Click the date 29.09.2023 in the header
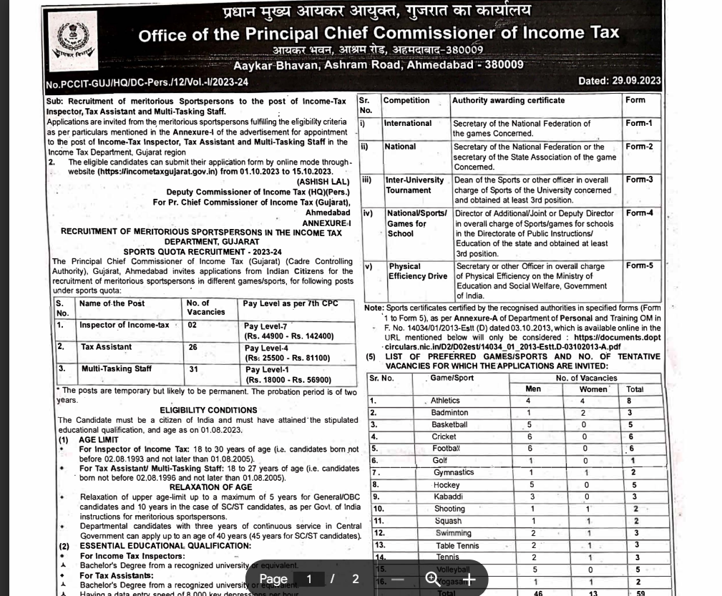pos(637,81)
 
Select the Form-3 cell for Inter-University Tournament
pos(639,180)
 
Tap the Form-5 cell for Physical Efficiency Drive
pos(639,265)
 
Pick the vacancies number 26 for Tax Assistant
pos(192,347)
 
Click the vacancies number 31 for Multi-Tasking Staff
pos(192,369)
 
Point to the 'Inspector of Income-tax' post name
pos(125,325)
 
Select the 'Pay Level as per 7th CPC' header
pos(290,303)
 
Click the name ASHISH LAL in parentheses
pos(323,182)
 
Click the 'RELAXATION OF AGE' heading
pos(210,487)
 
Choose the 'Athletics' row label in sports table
pos(445,401)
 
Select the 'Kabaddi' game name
pos(449,497)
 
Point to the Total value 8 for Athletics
pos(629,401)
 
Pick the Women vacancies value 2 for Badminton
pos(583,413)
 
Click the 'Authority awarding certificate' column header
pos(508,100)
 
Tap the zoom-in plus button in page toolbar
pos(469,579)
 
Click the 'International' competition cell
pos(408,123)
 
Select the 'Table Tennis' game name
pos(457,545)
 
